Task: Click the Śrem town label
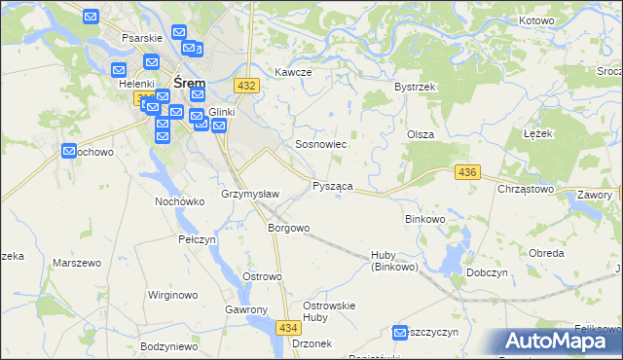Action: [189, 84]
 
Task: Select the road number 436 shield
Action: [467, 172]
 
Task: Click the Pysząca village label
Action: [333, 186]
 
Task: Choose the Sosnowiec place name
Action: [321, 144]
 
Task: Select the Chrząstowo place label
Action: [525, 189]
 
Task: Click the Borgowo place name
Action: [288, 229]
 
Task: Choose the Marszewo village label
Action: [77, 264]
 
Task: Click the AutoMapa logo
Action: [557, 342]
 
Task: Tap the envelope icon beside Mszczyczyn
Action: [399, 333]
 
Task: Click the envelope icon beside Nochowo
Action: [69, 151]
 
